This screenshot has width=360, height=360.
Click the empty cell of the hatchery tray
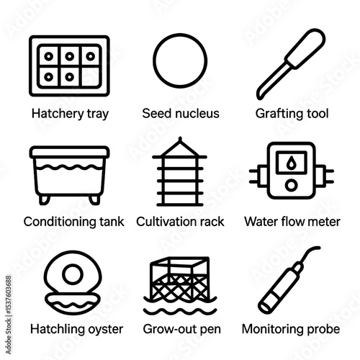click(x=90, y=76)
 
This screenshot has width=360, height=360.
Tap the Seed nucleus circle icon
click(x=180, y=34)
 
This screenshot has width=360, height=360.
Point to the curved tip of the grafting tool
click(x=259, y=96)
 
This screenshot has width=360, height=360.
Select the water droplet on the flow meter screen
click(x=292, y=162)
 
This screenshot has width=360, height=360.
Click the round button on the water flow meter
click(x=292, y=185)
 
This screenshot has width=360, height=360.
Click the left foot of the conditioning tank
click(x=45, y=200)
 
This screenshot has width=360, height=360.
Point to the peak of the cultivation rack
click(x=180, y=138)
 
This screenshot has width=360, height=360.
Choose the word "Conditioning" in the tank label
click(x=60, y=222)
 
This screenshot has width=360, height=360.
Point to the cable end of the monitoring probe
click(x=318, y=248)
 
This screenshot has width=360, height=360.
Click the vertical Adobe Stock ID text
click(x=9, y=315)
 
